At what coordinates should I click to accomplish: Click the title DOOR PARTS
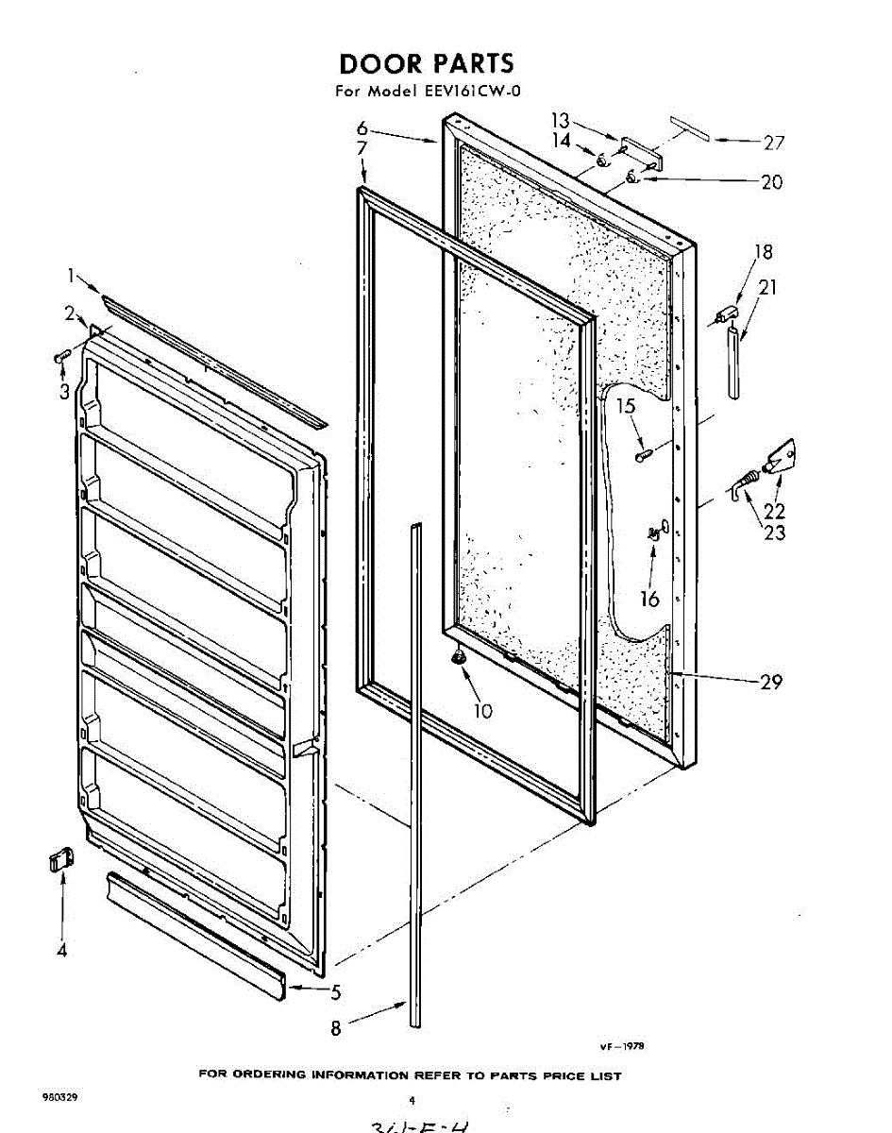pyautogui.click(x=427, y=64)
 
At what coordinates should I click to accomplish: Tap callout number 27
pyautogui.click(x=774, y=144)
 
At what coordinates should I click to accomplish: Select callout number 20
pyautogui.click(x=771, y=182)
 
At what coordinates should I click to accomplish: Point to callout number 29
pyautogui.click(x=771, y=682)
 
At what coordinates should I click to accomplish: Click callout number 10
pyautogui.click(x=483, y=711)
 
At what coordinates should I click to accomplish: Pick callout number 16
pyautogui.click(x=649, y=599)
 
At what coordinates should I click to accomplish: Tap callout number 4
pyautogui.click(x=62, y=951)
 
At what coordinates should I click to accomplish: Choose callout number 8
pyautogui.click(x=336, y=1029)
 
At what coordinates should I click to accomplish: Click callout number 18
pyautogui.click(x=763, y=252)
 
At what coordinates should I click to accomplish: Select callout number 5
pyautogui.click(x=336, y=991)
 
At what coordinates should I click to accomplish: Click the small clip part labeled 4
pyautogui.click(x=59, y=861)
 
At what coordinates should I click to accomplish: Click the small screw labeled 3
pyautogui.click(x=62, y=356)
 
